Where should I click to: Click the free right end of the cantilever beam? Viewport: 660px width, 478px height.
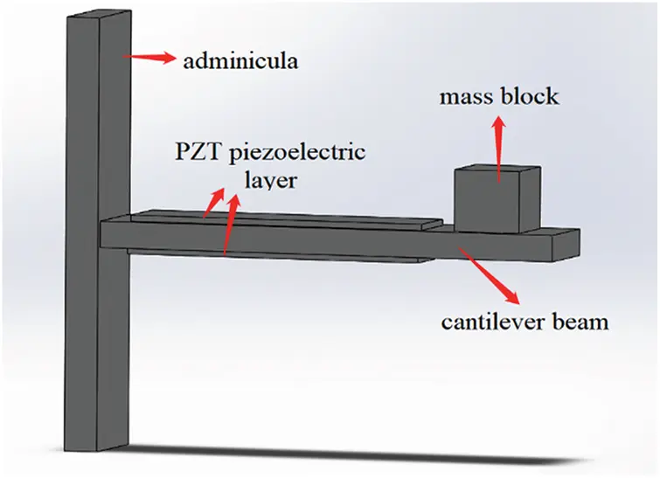[x=567, y=245]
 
